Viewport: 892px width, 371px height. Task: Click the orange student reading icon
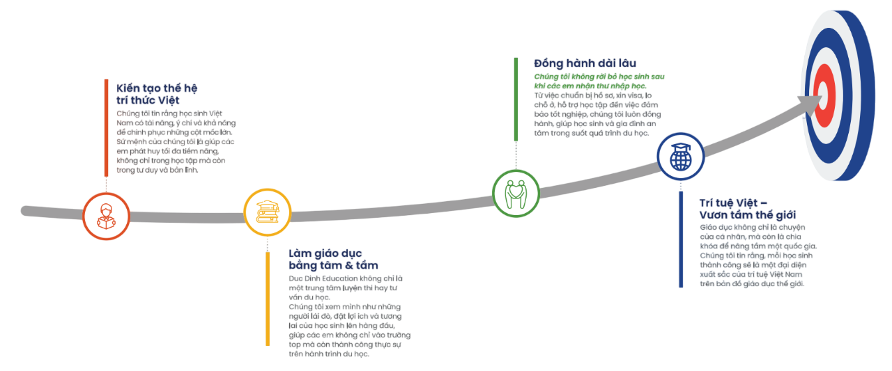[x=106, y=216]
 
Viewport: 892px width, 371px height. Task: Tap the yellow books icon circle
[x=267, y=212]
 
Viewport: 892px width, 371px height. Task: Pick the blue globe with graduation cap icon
[x=680, y=156]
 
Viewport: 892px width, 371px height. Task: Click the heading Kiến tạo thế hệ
[x=157, y=88]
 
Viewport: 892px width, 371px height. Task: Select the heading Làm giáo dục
[x=325, y=253]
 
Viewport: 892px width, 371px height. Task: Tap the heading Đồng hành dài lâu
[x=585, y=63]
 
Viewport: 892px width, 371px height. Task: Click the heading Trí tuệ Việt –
[x=733, y=203]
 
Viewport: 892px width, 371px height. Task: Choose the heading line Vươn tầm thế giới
[x=747, y=215]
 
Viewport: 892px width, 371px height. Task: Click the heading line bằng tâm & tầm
[x=333, y=265]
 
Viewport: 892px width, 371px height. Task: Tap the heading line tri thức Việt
[x=148, y=100]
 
